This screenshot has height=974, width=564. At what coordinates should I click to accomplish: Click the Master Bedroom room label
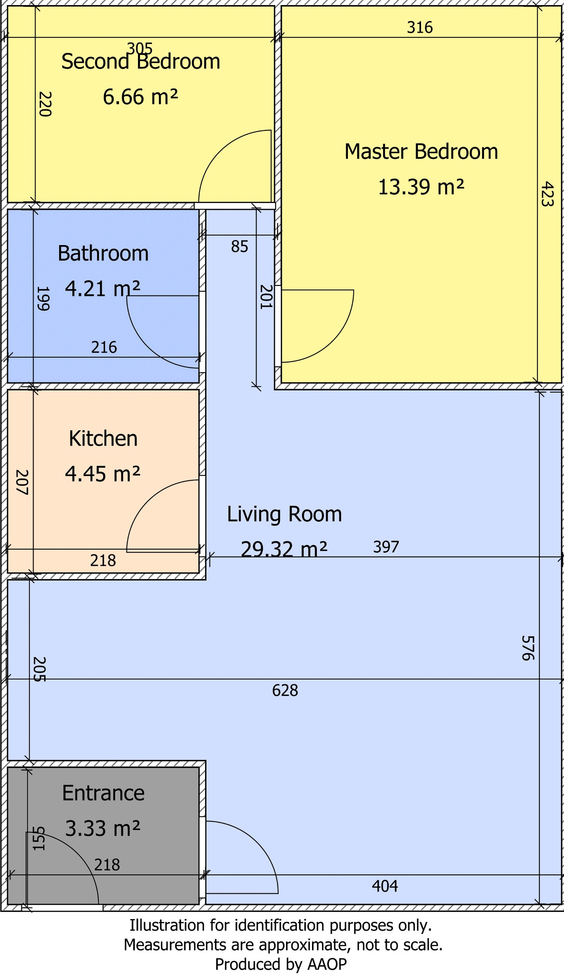coord(421,152)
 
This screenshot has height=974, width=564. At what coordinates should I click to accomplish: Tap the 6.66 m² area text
coord(140,97)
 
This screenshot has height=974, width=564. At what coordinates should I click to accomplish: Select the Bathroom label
coord(103,254)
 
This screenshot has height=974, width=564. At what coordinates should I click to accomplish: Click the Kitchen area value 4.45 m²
coord(102,474)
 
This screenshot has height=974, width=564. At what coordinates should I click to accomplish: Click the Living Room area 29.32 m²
coord(284,549)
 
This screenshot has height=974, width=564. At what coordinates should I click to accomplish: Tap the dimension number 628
coord(285,690)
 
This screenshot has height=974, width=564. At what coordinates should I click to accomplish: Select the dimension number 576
coord(528,648)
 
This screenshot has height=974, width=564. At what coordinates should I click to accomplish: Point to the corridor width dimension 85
coord(239,247)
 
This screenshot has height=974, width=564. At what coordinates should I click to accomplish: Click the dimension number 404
coord(385,886)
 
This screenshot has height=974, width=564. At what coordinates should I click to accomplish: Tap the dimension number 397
coord(386,547)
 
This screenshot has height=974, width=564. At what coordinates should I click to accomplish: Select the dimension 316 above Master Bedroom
coord(420,27)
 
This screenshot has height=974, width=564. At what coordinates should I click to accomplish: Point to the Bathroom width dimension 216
coord(104,347)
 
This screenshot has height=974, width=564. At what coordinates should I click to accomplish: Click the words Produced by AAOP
coord(281,964)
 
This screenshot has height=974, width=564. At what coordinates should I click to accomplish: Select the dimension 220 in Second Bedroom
coord(45,104)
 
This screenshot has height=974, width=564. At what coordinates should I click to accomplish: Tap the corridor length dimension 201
coord(266,297)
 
